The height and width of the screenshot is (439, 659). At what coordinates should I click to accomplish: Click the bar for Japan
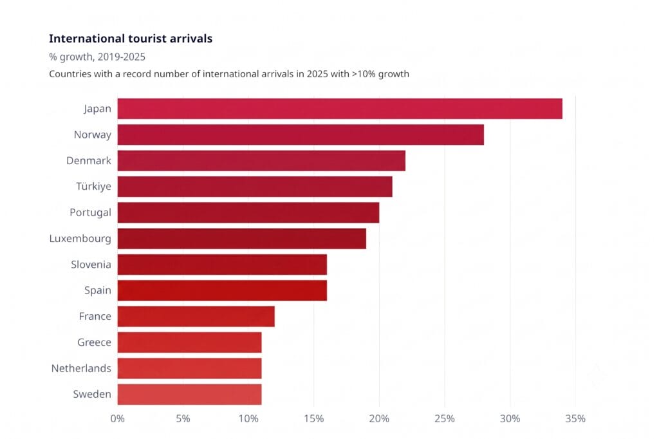coord(340,109)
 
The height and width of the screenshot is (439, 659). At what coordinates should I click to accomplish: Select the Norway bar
coord(301,135)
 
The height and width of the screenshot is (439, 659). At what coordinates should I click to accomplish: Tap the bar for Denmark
coord(261,161)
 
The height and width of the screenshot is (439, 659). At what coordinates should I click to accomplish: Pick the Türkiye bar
coord(255,187)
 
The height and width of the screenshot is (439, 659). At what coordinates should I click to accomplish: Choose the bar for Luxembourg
coord(242,238)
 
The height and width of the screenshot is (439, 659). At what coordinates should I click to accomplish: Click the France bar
coord(196,316)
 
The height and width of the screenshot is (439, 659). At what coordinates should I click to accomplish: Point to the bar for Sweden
coord(190,395)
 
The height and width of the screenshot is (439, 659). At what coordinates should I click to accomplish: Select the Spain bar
coord(222,290)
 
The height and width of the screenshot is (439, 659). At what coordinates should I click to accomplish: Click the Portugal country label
coord(90,213)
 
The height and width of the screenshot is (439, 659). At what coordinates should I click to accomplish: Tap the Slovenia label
coord(91,265)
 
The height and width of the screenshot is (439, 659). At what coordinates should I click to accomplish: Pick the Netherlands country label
coord(81,368)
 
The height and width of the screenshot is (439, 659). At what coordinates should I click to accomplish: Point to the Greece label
coord(94,342)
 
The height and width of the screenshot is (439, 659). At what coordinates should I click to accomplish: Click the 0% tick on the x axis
coord(118,419)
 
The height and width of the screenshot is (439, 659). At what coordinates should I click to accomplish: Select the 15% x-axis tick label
coord(314,419)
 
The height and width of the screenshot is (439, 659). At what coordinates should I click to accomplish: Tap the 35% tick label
coord(575,419)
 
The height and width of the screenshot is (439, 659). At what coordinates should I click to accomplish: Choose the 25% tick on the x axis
coord(445,419)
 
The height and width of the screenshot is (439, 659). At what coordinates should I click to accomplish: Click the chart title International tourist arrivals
coord(131,39)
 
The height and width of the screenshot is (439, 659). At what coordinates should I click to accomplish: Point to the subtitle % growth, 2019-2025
coord(97,57)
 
